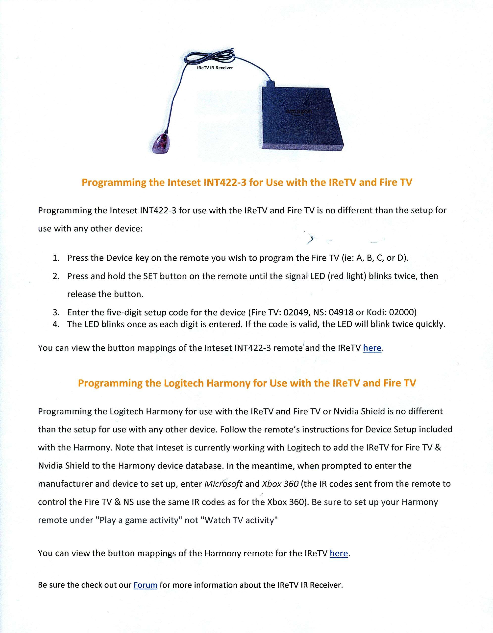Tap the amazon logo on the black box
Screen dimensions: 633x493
(x=299, y=112)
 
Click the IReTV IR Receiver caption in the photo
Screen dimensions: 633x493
(x=215, y=68)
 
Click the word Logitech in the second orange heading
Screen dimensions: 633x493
(x=184, y=383)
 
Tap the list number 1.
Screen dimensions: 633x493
(x=56, y=258)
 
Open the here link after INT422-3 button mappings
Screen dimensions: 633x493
(x=372, y=348)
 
